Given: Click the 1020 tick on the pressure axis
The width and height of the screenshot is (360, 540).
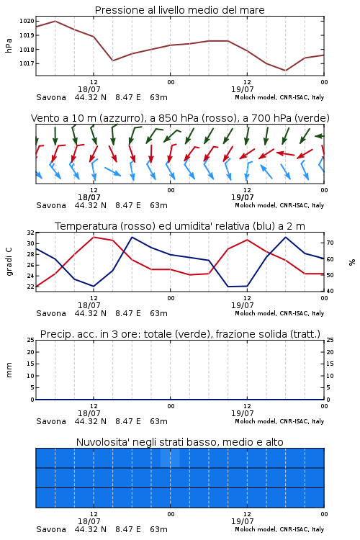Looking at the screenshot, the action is (27, 21).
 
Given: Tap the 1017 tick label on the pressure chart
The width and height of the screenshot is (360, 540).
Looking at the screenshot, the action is (27, 63).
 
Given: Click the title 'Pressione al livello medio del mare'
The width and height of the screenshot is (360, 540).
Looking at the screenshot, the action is (180, 10).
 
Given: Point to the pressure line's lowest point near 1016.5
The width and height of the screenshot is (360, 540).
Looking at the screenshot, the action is (285, 71).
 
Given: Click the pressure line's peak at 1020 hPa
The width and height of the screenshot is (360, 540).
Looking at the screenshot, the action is (55, 21).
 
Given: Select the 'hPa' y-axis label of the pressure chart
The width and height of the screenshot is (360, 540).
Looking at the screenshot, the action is (9, 45).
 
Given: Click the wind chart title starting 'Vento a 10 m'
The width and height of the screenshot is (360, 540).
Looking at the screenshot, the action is (180, 118).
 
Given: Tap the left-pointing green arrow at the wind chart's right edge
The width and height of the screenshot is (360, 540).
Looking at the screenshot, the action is (320, 136).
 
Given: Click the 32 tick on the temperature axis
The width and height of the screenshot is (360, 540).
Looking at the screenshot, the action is (31, 233).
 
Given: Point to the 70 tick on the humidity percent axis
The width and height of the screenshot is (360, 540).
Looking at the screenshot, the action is (330, 243).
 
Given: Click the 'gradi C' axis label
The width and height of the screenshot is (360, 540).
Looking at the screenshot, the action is (9, 262).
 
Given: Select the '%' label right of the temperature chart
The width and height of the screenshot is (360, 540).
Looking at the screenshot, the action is (352, 262).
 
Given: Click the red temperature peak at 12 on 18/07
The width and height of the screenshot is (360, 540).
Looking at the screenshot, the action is (94, 237).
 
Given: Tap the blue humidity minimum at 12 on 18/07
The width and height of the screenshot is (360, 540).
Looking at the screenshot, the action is (94, 286).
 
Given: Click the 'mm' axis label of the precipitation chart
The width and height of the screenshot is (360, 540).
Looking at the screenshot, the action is (9, 370).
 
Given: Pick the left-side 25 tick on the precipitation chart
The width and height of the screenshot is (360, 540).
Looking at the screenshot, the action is (31, 340).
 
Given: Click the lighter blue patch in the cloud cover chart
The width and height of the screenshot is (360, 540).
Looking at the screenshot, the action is (170, 458).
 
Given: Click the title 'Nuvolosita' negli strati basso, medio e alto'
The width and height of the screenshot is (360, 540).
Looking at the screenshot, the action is (180, 442).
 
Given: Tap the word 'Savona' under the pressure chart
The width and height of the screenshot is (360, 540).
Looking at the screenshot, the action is (51, 97).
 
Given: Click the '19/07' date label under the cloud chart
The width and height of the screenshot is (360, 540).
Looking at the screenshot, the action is (242, 521).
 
